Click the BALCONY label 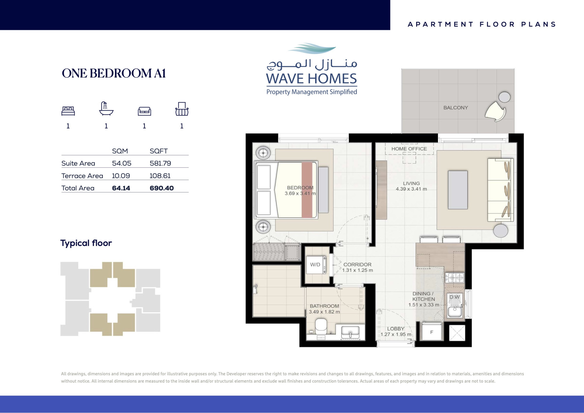(x=456, y=108)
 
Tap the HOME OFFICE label (x=409, y=149)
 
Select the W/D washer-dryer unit (x=316, y=265)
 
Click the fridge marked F (x=432, y=332)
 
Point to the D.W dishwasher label (x=454, y=297)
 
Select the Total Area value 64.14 (x=121, y=188)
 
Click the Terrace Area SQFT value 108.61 (x=160, y=176)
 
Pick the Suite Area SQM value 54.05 (x=122, y=163)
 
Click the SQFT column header (x=159, y=151)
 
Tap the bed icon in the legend (x=68, y=111)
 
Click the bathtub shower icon (x=106, y=108)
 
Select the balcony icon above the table (x=182, y=109)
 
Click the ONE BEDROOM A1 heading (x=114, y=73)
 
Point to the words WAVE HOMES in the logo (x=311, y=79)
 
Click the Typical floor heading (x=86, y=243)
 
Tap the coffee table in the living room (x=458, y=190)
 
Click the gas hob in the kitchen (x=454, y=278)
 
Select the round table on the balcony (x=504, y=97)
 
